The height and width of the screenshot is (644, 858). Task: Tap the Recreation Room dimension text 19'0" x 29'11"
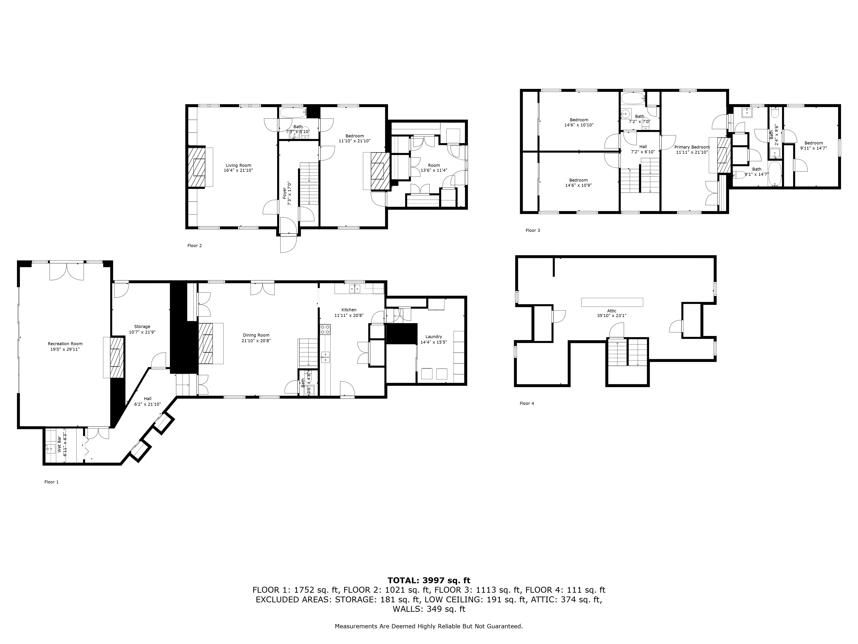coord(65,349)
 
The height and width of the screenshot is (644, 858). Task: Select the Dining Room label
coord(256,335)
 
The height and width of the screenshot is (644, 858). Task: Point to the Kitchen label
coord(349,310)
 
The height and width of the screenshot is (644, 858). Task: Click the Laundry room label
coord(434,337)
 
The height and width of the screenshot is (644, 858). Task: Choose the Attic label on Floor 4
coord(612,311)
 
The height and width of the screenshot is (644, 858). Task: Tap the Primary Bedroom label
coord(692,147)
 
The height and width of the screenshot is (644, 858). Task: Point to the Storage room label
coord(142,327)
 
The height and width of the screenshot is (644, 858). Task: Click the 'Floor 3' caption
coord(533,230)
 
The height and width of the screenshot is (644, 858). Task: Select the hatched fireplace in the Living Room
coord(197,167)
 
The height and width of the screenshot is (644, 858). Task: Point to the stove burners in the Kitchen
coord(325,330)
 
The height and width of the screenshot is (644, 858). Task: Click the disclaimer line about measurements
coord(429,626)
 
